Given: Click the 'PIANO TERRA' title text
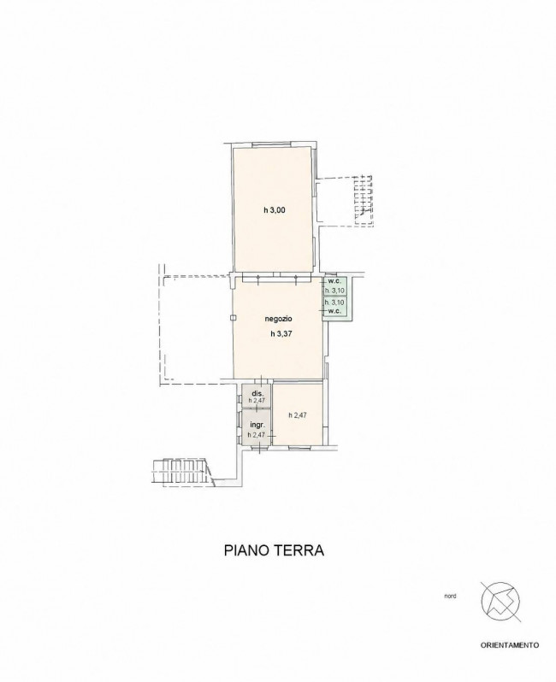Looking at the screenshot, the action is (x=275, y=550).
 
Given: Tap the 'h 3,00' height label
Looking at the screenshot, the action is (x=274, y=210).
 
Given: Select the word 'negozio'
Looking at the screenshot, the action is (x=278, y=319).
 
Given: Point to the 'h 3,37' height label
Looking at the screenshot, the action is (x=281, y=334).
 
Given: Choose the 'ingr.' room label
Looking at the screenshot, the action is (x=257, y=425).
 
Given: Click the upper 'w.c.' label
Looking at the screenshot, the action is (x=334, y=281).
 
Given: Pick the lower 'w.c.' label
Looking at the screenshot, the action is (x=334, y=311).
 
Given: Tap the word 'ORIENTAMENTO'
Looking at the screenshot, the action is (x=510, y=645).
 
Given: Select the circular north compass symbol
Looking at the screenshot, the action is (x=500, y=603).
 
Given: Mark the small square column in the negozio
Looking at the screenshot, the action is (x=233, y=318).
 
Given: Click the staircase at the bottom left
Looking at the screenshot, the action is (x=180, y=472).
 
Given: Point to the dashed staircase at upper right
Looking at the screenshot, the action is (x=364, y=201).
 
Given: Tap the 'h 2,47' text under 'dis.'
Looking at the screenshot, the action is (x=257, y=401).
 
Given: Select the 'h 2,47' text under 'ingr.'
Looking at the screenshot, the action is (x=256, y=434).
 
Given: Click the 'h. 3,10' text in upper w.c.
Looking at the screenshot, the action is (x=334, y=290).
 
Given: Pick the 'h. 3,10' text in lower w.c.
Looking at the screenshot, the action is (x=334, y=302).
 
